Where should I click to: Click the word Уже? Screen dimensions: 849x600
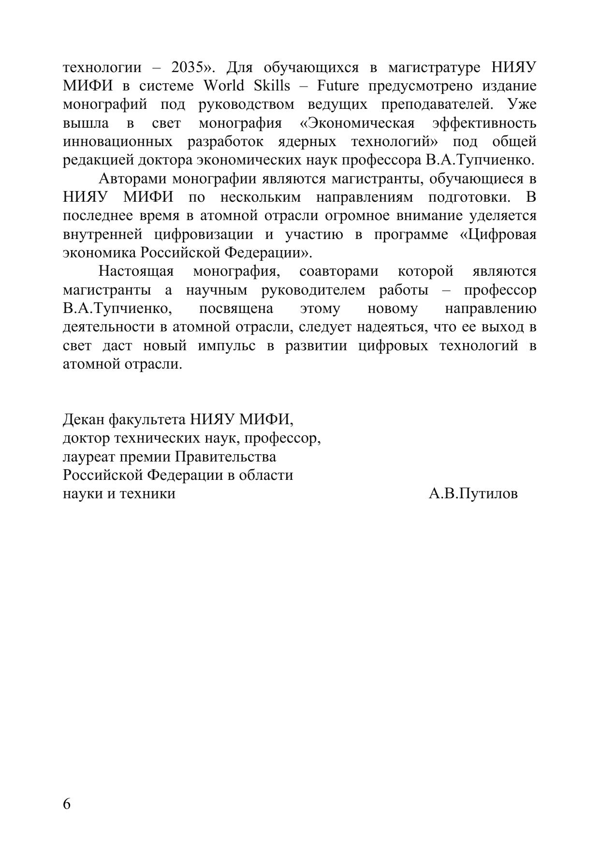(522, 104)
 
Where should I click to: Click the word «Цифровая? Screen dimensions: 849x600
(498, 234)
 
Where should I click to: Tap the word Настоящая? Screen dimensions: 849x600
(136, 271)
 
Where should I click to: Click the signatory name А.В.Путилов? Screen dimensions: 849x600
(473, 493)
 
